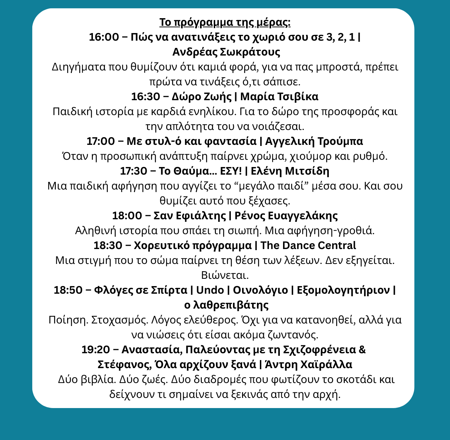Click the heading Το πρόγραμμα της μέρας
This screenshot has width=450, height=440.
[225, 23]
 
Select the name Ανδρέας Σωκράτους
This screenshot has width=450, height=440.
[226, 52]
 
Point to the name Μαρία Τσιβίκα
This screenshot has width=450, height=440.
[279, 97]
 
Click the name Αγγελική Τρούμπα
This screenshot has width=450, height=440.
[314, 142]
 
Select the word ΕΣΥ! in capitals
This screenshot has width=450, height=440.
[231, 171]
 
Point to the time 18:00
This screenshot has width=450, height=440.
[127, 216]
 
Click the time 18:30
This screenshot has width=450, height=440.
[108, 246]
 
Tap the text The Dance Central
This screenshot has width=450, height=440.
[308, 246]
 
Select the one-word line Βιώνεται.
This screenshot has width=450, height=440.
[225, 276]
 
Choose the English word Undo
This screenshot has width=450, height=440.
[210, 290]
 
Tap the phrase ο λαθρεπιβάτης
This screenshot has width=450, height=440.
[226, 305]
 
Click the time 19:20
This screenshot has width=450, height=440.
[95, 350]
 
